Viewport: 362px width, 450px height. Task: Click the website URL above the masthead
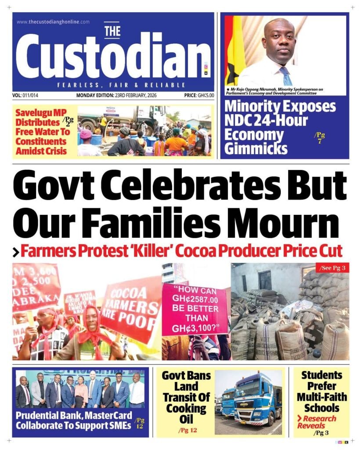pos(53,22)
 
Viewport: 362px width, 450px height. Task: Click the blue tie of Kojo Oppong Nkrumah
pos(286,76)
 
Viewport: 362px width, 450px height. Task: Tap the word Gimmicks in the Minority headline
pos(256,148)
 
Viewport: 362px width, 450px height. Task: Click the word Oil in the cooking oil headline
pos(186,420)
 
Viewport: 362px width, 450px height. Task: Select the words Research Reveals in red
pos(316,422)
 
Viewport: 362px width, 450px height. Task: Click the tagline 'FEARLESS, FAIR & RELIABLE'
pos(121,85)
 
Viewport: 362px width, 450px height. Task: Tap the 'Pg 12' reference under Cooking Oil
pos(187,430)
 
